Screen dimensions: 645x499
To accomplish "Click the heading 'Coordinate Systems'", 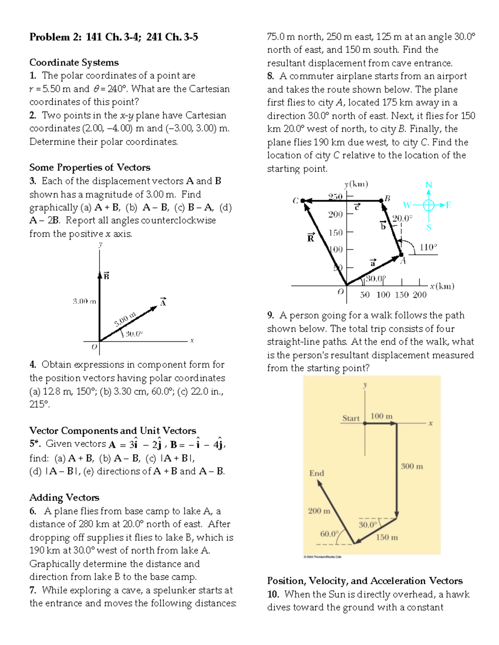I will (74, 63).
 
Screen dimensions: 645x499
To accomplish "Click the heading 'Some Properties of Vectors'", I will (89, 167).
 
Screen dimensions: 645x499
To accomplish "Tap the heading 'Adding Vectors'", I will (64, 498).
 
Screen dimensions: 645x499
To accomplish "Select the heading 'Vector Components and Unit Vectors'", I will (112, 430).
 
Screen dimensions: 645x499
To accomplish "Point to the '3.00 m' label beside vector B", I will (84, 301).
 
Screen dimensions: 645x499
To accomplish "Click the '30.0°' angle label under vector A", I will (134, 334).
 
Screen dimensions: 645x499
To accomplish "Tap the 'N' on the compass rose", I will (429, 185).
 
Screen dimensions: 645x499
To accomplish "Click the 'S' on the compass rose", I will (429, 227).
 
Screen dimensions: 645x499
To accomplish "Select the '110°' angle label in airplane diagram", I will (428, 247).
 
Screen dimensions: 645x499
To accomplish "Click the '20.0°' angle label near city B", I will (402, 218).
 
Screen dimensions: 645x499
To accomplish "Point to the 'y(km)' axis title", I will (356, 184).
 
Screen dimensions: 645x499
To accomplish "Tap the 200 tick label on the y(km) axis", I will (336, 214).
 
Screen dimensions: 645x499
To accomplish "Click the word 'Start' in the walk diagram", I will (351, 418).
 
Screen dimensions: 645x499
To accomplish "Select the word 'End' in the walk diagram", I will (316, 473).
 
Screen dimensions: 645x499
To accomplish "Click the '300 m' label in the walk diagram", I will (412, 466).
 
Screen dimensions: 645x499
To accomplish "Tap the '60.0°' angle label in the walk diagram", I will (329, 533).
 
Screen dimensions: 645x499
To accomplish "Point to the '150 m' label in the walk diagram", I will (387, 537).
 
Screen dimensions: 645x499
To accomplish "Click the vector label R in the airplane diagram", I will (311, 238).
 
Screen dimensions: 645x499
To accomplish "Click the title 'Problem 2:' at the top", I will (56, 37).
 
